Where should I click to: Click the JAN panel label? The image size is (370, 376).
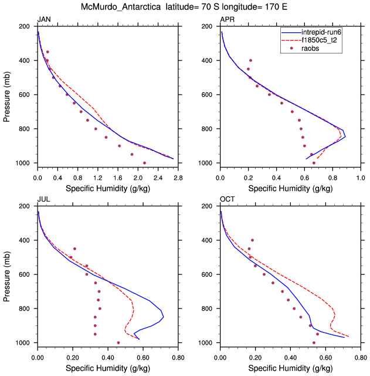(43, 20)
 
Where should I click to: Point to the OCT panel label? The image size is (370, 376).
(227, 200)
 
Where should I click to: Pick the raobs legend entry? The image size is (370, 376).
(311, 49)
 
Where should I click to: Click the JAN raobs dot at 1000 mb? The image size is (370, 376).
(144, 163)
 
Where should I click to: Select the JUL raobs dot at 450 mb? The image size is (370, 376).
(74, 249)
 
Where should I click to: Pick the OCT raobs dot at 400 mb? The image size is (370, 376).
(252, 240)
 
